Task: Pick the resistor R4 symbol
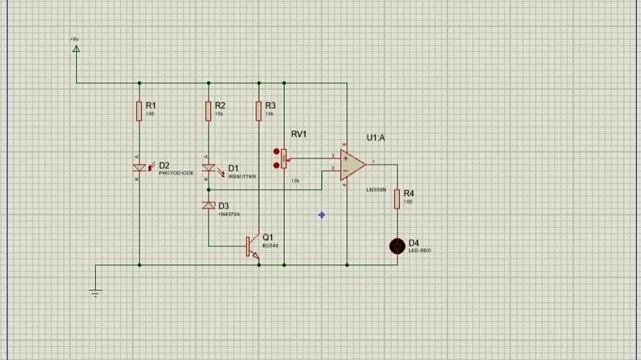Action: [398, 198]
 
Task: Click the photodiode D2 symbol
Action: [139, 167]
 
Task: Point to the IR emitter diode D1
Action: [209, 169]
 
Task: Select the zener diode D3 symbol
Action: [209, 206]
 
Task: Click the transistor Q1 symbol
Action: [253, 246]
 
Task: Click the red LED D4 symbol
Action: [398, 246]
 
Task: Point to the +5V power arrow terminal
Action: [76, 49]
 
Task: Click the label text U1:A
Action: [376, 138]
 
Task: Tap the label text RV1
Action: [299, 133]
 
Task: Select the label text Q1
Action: [268, 236]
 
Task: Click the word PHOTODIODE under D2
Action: [175, 174]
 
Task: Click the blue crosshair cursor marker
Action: [322, 215]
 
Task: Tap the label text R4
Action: [409, 194]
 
